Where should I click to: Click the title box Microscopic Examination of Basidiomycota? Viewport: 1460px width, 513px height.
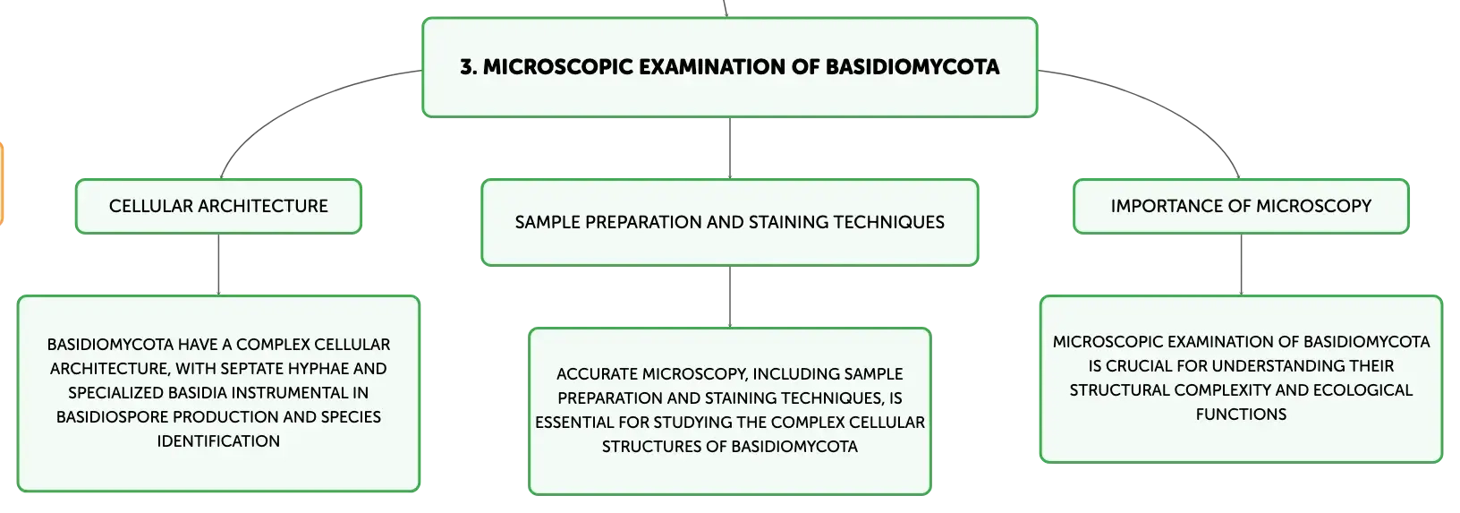[729, 67]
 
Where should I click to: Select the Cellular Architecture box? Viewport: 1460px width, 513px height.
[218, 206]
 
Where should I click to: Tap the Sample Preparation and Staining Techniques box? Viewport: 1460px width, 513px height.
[729, 223]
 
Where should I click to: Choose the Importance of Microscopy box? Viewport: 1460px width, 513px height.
[1241, 206]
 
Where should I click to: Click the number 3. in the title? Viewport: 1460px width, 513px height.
[469, 66]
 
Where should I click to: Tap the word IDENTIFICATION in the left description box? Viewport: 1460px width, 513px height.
[218, 441]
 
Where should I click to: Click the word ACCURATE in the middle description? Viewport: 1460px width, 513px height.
[597, 374]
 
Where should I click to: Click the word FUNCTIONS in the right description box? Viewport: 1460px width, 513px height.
[1241, 415]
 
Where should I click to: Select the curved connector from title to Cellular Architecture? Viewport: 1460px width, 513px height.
[293, 104]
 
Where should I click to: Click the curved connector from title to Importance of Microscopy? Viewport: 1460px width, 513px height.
[1167, 104]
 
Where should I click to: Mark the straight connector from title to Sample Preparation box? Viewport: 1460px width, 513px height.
[730, 148]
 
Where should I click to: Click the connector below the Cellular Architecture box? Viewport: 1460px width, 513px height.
[218, 264]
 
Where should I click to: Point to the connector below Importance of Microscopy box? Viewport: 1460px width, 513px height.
[1241, 264]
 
